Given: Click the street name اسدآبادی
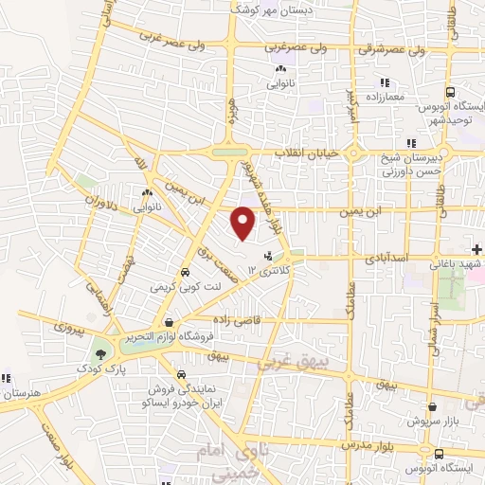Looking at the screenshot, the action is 383,256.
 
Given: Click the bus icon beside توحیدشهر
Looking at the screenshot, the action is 451,93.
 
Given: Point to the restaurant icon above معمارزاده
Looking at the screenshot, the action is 384,82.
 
